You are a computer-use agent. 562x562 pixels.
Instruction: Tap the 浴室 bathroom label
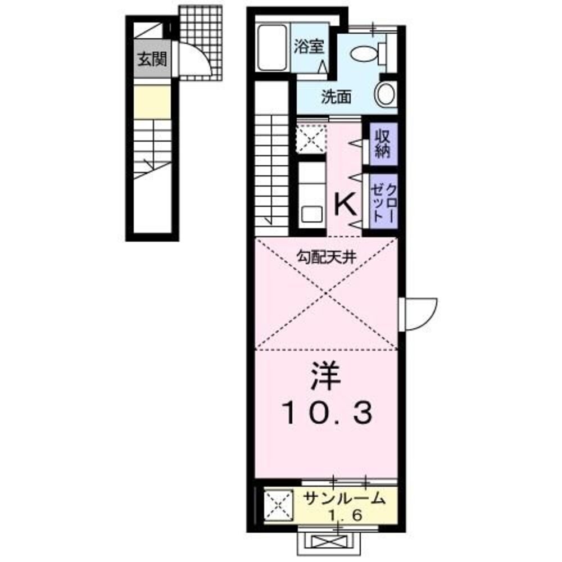pyautogui.click(x=309, y=46)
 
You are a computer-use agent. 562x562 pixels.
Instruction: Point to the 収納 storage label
pyautogui.click(x=383, y=144)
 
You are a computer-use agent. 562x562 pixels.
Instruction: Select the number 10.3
pyautogui.click(x=325, y=415)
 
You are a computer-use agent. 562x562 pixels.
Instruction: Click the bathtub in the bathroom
pyautogui.click(x=273, y=48)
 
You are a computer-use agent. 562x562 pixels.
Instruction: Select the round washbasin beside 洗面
pyautogui.click(x=386, y=94)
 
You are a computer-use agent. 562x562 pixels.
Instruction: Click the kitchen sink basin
pyautogui.click(x=311, y=215)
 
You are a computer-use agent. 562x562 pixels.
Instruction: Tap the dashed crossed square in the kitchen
pyautogui.click(x=311, y=137)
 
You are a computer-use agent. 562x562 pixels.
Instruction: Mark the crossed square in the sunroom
pyautogui.click(x=279, y=504)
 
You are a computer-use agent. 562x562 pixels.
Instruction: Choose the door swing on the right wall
pyautogui.click(x=420, y=312)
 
